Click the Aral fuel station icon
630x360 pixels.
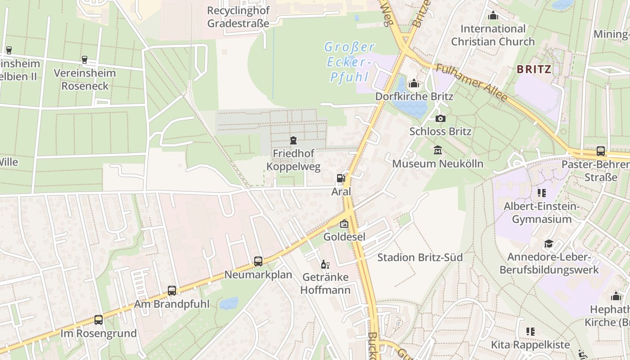(x=341, y=178)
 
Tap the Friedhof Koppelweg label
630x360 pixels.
(x=293, y=160)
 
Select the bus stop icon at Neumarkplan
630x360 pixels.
(x=258, y=261)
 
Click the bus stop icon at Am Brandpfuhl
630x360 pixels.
(x=172, y=291)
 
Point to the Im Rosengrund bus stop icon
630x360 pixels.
(x=99, y=320)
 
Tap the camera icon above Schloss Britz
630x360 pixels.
(x=441, y=118)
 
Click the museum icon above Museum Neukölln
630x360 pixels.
(x=437, y=150)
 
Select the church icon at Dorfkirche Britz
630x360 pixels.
(x=414, y=83)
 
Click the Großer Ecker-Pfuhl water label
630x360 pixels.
(x=350, y=62)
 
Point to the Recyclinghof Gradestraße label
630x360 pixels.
(x=238, y=17)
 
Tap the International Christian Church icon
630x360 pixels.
(x=493, y=16)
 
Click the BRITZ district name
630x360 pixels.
(x=534, y=69)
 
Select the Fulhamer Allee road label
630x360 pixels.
(x=472, y=83)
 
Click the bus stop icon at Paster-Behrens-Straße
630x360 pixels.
(x=600, y=151)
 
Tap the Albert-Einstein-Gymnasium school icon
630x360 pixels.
(x=541, y=193)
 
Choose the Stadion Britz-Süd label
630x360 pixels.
(x=419, y=257)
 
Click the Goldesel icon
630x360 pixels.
(x=344, y=224)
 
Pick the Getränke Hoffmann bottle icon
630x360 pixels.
(x=325, y=264)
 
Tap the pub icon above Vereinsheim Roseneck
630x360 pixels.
(x=85, y=60)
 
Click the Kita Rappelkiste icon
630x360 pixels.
(x=530, y=332)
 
